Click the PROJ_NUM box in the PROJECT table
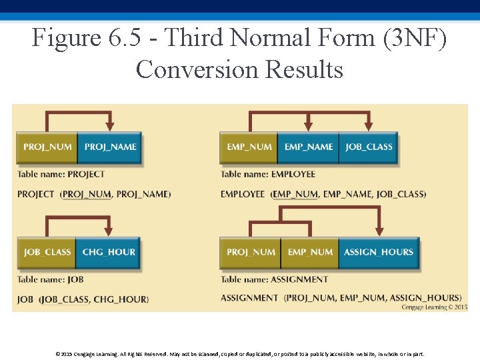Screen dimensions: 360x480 (47, 147)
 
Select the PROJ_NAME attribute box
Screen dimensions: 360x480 (110, 147)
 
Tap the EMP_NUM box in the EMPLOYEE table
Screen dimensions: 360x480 (249, 147)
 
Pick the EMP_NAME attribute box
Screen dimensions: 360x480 (308, 147)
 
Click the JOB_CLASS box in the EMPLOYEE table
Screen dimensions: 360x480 (369, 147)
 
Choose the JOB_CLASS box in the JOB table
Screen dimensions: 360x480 (47, 252)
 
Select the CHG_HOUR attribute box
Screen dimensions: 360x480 (109, 252)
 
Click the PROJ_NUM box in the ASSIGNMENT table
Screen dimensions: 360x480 (250, 252)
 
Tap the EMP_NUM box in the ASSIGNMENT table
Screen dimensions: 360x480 (310, 252)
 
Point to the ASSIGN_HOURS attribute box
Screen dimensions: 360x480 (378, 252)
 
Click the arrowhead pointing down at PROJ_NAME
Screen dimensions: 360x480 (110, 125)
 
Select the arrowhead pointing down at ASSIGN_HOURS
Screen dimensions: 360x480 (379, 230)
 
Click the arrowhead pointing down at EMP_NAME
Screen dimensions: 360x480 (308, 125)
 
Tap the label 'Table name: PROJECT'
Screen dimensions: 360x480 (61, 175)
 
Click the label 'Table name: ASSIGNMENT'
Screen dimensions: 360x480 (275, 280)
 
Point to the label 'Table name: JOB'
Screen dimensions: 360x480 (51, 280)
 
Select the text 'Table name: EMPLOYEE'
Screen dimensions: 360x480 (268, 175)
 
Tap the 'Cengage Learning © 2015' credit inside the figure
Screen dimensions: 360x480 (434, 307)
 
